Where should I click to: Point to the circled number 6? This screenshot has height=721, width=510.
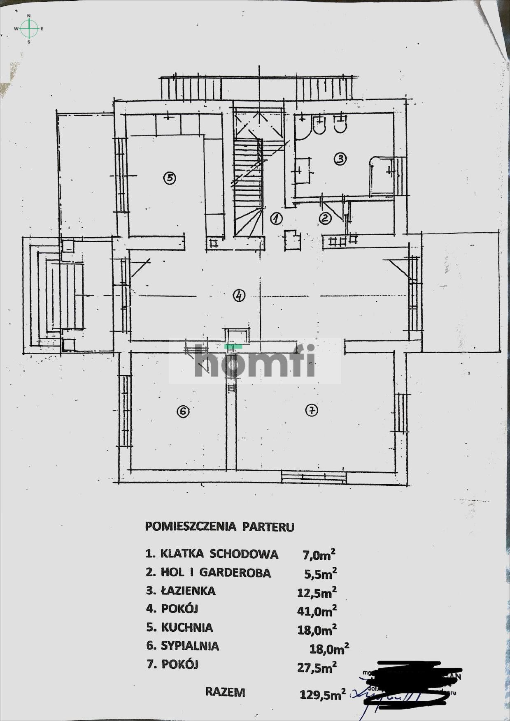(183, 411)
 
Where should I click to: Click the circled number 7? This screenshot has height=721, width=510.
(312, 410)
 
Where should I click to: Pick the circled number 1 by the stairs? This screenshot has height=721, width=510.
(275, 218)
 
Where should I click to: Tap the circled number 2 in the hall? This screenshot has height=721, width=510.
(325, 218)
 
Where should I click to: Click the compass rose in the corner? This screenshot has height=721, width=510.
(29, 28)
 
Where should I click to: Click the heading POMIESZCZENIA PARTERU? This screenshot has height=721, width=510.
(219, 527)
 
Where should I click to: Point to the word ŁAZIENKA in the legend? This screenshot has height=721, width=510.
(188, 591)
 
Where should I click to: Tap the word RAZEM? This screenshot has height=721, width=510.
(225, 692)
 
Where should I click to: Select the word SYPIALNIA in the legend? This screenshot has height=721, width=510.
(189, 646)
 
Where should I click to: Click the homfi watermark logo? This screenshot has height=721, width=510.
(255, 361)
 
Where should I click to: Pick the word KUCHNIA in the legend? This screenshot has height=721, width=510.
(187, 628)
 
